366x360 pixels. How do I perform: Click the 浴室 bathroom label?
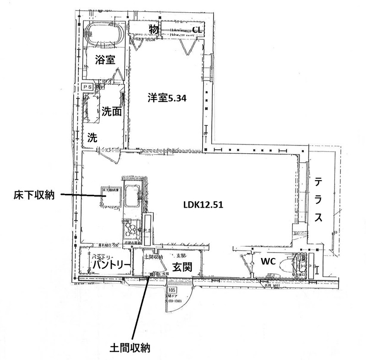click(105, 59)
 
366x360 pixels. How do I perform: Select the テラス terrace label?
click(319, 200)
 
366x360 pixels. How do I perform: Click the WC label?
click(268, 262)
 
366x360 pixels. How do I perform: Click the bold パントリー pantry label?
click(110, 266)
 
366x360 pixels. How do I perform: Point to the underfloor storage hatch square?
click(109, 198)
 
